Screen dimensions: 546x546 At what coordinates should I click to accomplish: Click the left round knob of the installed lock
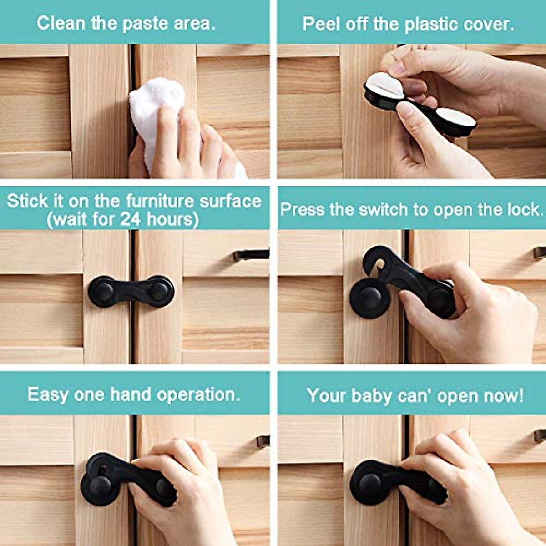103,291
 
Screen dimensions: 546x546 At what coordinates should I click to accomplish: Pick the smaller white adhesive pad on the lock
455,117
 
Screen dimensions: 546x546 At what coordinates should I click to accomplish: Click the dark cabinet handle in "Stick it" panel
250,255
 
